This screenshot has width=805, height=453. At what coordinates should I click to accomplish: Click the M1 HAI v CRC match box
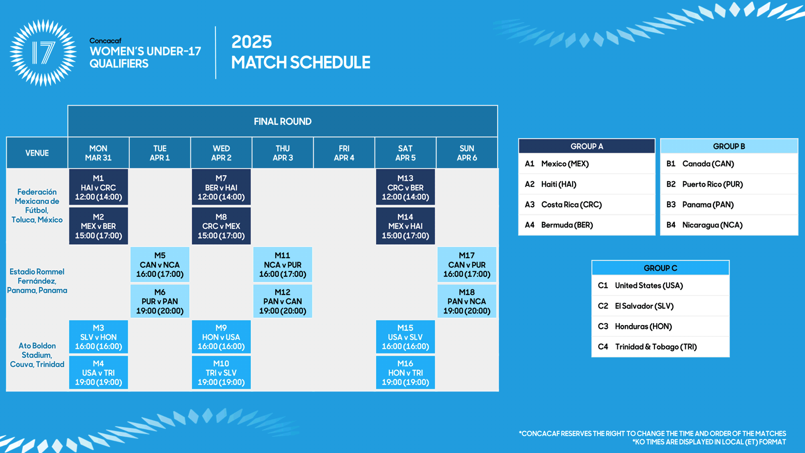[x=99, y=187]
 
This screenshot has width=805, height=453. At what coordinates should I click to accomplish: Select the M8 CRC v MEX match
[x=221, y=226]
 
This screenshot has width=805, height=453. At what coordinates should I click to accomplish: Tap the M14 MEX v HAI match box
[x=406, y=226]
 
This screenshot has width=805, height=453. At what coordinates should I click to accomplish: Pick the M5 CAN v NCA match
[x=160, y=265]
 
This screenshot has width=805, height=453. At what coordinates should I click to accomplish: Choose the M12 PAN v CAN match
[x=282, y=301]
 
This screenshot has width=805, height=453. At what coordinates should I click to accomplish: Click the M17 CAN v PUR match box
[x=467, y=265]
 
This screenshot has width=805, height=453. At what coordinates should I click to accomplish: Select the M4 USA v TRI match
[x=99, y=372]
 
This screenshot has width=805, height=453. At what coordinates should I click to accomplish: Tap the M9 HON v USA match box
[x=221, y=337]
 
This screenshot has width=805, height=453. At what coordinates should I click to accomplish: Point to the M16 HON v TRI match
[x=406, y=372]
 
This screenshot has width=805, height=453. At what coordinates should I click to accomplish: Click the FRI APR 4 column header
[x=344, y=153]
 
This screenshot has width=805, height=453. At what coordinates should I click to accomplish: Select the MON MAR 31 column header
[x=99, y=153]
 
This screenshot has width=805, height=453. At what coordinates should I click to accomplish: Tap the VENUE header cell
[x=37, y=153]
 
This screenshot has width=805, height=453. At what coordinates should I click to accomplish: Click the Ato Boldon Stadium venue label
[x=37, y=355]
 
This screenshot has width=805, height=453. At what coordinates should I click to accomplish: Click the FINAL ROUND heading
[x=282, y=121]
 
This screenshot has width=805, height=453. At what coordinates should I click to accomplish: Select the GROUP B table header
[x=729, y=146]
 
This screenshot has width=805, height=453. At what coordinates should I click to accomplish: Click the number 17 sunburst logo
[x=43, y=53]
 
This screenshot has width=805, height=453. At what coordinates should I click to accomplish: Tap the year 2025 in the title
[x=252, y=42]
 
